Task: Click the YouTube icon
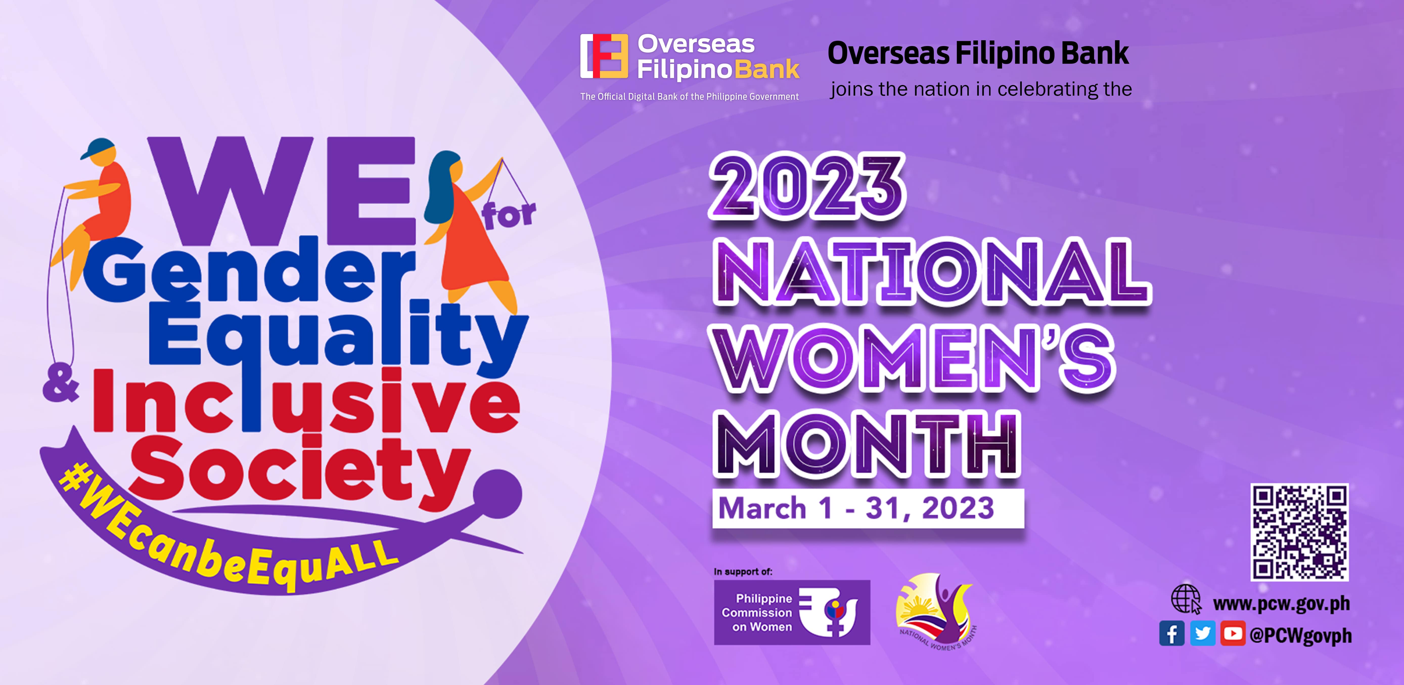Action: tap(1233, 634)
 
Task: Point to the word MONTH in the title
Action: tap(867, 444)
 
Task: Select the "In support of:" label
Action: tap(743, 572)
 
